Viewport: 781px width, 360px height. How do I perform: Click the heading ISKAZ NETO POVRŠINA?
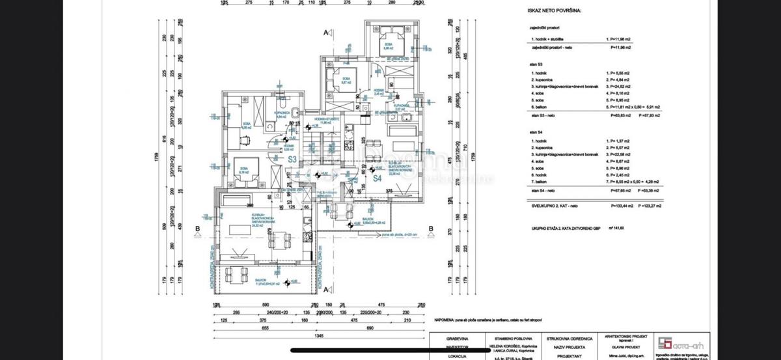pyautogui.click(x=556, y=11)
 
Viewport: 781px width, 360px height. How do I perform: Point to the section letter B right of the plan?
pyautogui.click(x=431, y=228)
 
